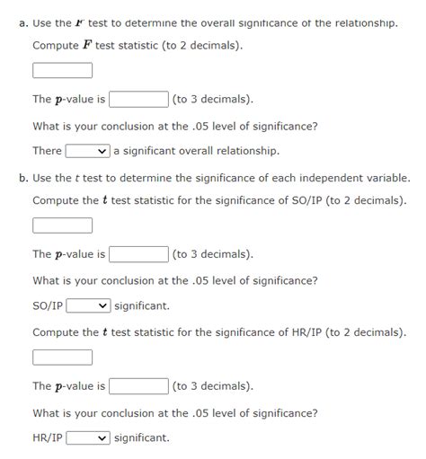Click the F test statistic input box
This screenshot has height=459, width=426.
(x=62, y=70)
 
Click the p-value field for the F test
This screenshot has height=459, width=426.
(x=139, y=99)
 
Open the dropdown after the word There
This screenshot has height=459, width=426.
(x=87, y=150)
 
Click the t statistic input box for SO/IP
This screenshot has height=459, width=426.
(x=62, y=225)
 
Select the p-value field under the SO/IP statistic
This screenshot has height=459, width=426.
(x=139, y=254)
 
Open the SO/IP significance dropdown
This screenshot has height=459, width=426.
(x=88, y=305)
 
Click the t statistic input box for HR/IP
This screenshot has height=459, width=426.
(x=62, y=357)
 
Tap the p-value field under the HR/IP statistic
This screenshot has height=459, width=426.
(x=139, y=386)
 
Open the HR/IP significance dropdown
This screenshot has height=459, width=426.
(x=88, y=437)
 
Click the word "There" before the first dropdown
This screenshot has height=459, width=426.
(x=47, y=151)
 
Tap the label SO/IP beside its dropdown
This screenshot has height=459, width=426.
(x=47, y=306)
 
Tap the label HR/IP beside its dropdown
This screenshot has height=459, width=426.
(x=47, y=438)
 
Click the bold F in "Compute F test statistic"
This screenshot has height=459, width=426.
(x=87, y=46)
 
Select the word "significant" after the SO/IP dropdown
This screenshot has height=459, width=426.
(x=142, y=306)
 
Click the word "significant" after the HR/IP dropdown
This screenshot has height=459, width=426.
(x=142, y=438)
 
